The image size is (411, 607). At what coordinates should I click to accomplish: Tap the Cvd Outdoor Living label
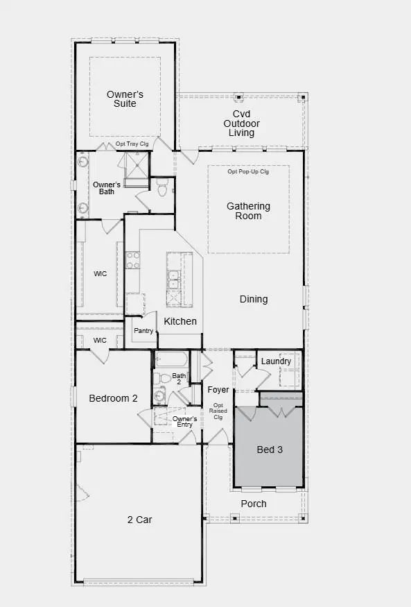tap(241, 123)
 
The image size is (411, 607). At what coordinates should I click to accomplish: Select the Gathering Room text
tap(248, 211)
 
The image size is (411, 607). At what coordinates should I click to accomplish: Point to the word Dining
tap(254, 299)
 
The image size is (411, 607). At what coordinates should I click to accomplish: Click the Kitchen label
tap(180, 321)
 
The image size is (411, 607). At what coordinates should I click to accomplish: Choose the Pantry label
tap(143, 331)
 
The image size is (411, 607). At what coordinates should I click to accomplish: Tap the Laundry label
tap(276, 361)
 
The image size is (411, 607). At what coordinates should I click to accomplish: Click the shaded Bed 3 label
tap(270, 450)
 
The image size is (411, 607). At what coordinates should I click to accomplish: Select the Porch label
tap(253, 504)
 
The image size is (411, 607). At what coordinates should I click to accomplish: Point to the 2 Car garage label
tap(139, 519)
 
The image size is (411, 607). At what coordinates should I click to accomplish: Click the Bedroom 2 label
tap(114, 398)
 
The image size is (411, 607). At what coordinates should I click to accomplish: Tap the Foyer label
tap(218, 390)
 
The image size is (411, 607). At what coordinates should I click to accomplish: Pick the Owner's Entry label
tap(185, 422)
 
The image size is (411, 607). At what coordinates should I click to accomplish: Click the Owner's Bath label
tap(107, 188)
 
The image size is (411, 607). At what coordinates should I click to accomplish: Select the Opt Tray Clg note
tap(132, 144)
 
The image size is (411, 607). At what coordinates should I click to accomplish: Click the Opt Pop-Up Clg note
tap(248, 171)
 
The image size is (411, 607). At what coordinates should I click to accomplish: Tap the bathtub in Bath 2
tap(171, 360)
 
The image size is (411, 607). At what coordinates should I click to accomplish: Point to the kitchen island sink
tap(174, 279)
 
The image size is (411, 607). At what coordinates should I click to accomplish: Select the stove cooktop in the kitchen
tap(132, 260)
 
